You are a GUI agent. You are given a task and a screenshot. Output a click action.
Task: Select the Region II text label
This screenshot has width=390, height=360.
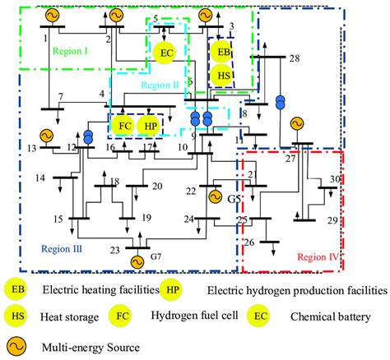(x=160, y=84)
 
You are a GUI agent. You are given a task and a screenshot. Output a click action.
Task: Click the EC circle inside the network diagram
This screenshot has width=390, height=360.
(x=167, y=53)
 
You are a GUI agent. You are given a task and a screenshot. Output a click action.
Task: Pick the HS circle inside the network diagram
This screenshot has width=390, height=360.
(x=221, y=76)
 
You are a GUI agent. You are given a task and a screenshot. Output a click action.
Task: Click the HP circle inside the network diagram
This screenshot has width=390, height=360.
(x=149, y=126)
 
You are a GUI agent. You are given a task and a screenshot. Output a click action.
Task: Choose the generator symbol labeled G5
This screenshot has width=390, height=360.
(x=216, y=196)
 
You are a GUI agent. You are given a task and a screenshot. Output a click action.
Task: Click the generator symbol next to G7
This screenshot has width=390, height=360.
(x=137, y=261)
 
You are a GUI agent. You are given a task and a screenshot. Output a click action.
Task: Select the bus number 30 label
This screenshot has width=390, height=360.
(x=335, y=179)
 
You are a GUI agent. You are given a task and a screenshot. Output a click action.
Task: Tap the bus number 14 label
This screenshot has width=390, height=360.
(x=39, y=178)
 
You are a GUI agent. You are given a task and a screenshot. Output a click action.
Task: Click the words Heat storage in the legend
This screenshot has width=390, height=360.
(x=69, y=316)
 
